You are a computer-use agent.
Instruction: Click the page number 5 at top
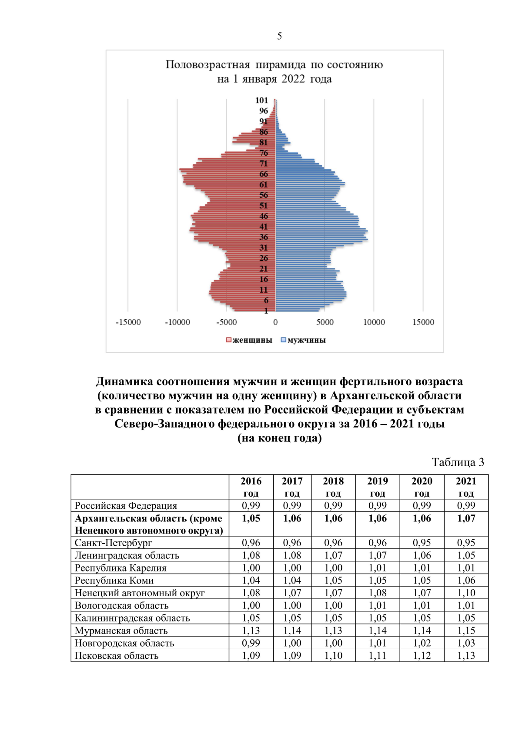click(x=279, y=36)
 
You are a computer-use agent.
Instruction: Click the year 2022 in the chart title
click(x=293, y=79)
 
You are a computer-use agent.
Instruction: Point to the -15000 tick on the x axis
click(x=128, y=322)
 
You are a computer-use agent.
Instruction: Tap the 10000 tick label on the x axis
click(x=374, y=322)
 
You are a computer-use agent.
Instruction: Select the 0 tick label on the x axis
click(x=275, y=322)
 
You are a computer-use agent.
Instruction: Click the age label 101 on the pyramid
click(x=262, y=100)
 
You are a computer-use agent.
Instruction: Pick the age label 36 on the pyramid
click(x=264, y=237)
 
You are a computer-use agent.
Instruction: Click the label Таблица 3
click(x=458, y=462)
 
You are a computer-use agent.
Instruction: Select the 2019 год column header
click(x=378, y=487)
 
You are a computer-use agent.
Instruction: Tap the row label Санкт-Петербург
click(x=114, y=543)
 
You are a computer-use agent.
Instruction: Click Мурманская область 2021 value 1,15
click(x=466, y=631)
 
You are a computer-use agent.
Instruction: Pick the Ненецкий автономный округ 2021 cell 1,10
click(x=466, y=593)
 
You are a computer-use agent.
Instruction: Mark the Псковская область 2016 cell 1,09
click(x=251, y=656)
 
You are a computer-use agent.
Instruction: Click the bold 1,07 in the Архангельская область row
click(x=466, y=518)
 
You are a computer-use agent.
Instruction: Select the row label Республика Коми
click(x=114, y=581)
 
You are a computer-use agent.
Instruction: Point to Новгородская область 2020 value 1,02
click(x=422, y=643)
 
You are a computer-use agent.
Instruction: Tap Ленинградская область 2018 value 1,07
click(x=333, y=555)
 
